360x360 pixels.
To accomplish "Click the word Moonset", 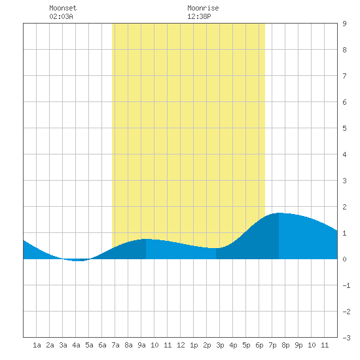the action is pos(63,8).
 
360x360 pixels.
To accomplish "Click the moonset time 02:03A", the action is pos(61,16).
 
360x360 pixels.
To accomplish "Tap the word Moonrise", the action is pos(203,8).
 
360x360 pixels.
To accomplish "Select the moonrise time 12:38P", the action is pos(199,16).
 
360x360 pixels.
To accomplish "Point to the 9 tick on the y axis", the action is pos(344,24).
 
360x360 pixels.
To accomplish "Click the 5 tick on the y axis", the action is pos(344,128).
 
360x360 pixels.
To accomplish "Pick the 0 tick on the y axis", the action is pos(344,259).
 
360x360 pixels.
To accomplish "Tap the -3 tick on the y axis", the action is pos(346,338).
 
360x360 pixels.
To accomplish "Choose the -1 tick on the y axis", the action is pos(346,285).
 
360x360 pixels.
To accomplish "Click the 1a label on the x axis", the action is pos(37,345).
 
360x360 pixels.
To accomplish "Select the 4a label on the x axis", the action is pos(76,345).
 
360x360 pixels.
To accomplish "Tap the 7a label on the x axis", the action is pos(115,345).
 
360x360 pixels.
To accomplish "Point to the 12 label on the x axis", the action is pos(181,345).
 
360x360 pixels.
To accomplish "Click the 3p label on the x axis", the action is pos(220,345).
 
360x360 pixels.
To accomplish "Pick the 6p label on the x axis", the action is pos(259,345).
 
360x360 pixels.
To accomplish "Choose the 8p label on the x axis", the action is pos(285,345).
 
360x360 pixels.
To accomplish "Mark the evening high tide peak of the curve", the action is pos(279,213).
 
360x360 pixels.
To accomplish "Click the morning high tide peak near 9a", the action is pos(146,239).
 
